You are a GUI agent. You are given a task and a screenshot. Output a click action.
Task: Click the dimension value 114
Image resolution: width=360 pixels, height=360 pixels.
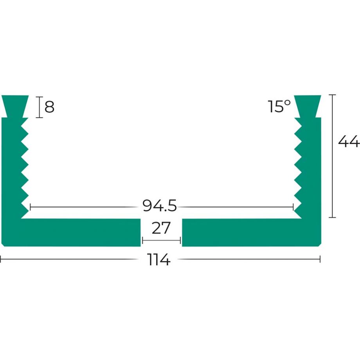click(159, 259)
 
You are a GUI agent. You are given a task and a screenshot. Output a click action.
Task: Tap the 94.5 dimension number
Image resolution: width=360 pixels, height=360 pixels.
click(160, 205)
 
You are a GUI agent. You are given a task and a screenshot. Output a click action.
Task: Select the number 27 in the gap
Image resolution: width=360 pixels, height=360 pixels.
click(161, 228)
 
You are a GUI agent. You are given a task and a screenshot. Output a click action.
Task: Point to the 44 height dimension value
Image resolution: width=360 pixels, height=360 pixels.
click(348, 142)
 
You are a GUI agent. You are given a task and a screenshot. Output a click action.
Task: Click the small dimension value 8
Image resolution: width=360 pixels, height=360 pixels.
click(49, 106)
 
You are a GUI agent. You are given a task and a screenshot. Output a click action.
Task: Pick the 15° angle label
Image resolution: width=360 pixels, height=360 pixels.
click(279, 106)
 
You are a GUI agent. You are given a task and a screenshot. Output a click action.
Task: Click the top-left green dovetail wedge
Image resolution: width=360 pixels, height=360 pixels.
click(15, 105)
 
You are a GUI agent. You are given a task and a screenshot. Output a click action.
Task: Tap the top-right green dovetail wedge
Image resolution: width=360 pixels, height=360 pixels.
click(308, 105)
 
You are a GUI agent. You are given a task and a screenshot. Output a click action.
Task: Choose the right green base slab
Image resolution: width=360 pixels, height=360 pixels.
click(250, 232)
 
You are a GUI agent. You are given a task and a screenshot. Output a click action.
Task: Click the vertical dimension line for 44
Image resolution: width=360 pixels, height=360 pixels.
click(333, 157)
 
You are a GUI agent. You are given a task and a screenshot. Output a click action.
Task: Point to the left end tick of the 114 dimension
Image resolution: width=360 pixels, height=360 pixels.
click(1, 259)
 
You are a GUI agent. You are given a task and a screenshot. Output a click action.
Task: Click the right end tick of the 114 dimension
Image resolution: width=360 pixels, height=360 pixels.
click(320, 259)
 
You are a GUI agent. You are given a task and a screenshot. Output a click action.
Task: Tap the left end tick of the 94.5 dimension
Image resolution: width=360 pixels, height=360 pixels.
click(30, 206)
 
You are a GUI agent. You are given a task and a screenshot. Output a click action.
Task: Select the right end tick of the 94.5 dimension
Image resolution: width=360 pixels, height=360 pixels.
click(293, 206)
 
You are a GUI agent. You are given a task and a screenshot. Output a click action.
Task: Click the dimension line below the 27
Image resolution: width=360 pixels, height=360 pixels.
click(161, 240)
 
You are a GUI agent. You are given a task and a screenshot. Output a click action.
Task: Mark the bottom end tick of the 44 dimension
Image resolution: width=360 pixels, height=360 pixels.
click(333, 217)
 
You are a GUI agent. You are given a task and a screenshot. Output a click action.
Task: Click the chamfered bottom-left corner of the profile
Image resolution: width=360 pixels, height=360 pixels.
click(3, 245)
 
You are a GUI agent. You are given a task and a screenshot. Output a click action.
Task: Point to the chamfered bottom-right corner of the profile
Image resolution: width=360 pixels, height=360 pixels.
click(320, 245)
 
